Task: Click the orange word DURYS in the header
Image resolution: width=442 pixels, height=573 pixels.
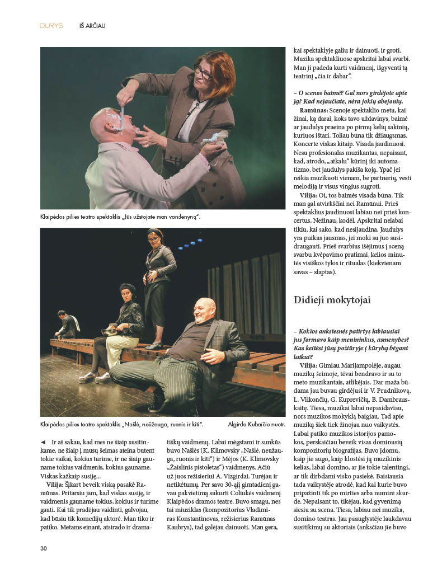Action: point(51,26)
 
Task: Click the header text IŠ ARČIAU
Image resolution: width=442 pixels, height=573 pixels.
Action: point(92,26)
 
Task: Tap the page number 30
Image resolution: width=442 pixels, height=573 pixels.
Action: point(43,548)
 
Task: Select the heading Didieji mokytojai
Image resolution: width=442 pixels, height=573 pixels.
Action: point(332,300)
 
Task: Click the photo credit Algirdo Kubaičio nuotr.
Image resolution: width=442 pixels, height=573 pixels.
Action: point(257,425)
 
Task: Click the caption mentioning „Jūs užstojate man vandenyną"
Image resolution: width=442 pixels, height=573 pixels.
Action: point(120,217)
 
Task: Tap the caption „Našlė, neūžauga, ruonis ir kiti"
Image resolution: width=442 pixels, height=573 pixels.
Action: point(121,425)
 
